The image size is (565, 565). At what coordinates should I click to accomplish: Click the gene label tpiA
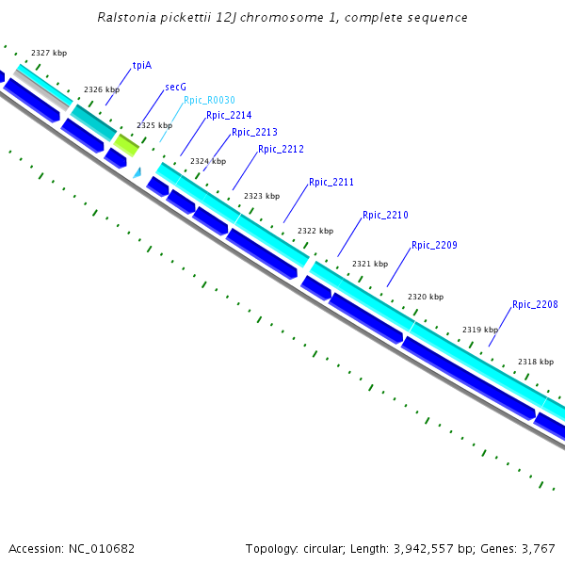(x=142, y=66)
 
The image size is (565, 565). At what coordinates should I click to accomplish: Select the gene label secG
(x=175, y=87)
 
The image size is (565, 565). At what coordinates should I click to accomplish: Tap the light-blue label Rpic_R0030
(x=209, y=100)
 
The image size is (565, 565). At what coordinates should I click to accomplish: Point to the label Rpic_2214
(x=229, y=115)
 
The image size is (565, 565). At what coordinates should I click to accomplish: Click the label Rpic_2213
(x=254, y=133)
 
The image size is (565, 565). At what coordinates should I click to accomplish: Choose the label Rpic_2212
(x=281, y=149)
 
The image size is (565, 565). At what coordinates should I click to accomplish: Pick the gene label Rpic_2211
(x=331, y=182)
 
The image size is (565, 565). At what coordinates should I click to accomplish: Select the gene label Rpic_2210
(x=385, y=216)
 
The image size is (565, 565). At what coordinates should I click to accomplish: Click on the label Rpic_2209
(x=434, y=245)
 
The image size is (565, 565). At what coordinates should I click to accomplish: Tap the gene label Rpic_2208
(x=535, y=304)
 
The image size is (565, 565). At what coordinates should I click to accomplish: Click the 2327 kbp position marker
(x=49, y=54)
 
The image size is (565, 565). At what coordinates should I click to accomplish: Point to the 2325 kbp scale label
(x=154, y=125)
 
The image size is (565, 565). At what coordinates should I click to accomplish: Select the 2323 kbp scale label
(x=262, y=196)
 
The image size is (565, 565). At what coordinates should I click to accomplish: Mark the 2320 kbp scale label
(x=425, y=297)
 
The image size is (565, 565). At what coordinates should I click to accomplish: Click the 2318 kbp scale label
(x=536, y=362)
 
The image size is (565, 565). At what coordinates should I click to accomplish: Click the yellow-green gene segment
(x=127, y=144)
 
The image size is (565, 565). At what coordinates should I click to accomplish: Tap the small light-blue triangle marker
(x=137, y=172)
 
